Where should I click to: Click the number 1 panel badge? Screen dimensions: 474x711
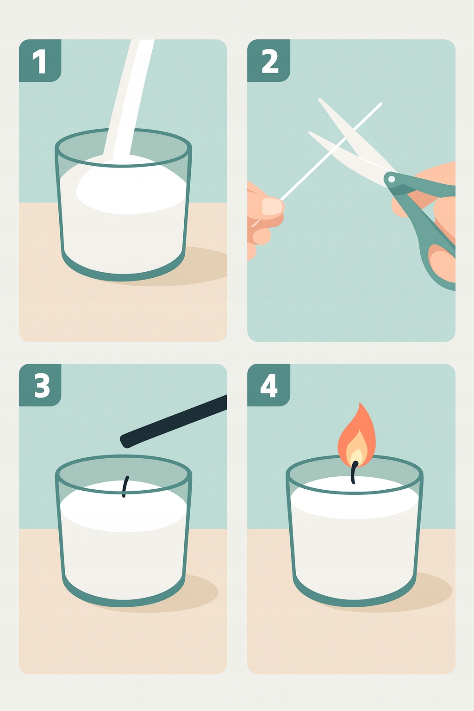(x=40, y=61)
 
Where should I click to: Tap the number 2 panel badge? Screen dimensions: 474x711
(x=268, y=61)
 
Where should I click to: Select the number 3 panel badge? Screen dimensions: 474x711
(x=40, y=385)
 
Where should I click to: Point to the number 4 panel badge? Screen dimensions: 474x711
(x=268, y=385)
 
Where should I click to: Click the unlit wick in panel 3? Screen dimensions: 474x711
(x=126, y=486)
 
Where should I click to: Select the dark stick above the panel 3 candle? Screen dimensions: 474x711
(x=174, y=421)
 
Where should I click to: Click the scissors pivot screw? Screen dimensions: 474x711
(x=392, y=179)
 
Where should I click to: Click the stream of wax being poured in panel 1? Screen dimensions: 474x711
(x=129, y=99)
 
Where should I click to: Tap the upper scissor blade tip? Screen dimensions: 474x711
(x=319, y=99)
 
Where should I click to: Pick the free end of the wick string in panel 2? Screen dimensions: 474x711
(x=381, y=103)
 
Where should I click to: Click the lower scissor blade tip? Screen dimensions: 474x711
(x=310, y=133)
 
